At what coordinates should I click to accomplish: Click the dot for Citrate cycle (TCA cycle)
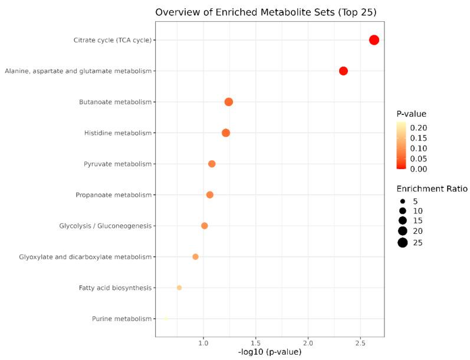tap(374, 40)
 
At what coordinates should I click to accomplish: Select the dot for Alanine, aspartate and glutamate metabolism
tap(343, 71)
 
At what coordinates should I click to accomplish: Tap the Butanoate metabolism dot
tap(229, 102)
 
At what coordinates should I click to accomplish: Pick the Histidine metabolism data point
tap(226, 133)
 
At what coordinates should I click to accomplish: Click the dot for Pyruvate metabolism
tap(212, 164)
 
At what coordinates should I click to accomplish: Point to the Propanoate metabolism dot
tap(209, 194)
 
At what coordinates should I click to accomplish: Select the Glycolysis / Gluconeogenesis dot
tap(205, 226)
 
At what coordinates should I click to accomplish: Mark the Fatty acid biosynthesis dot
tap(179, 288)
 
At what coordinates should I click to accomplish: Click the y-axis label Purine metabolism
tap(121, 319)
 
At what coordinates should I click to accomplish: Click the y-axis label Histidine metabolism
tap(118, 133)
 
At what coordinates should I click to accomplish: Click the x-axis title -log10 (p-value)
tap(269, 352)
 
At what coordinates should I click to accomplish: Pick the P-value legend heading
tap(411, 114)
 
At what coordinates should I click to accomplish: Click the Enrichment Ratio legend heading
tap(432, 189)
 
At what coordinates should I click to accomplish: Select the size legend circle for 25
tap(403, 243)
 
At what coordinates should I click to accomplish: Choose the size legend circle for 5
tap(403, 201)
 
